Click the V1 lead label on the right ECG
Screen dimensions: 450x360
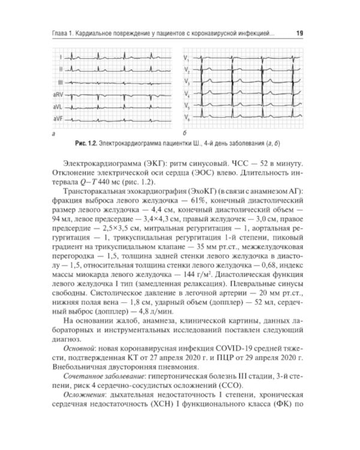(187, 58)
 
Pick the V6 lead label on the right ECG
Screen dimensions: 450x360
(187, 116)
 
